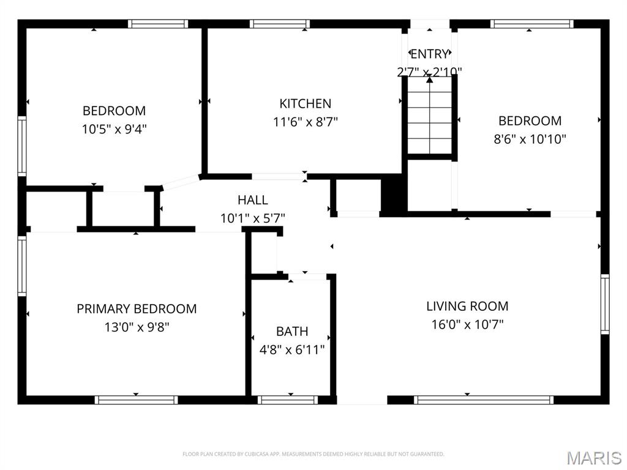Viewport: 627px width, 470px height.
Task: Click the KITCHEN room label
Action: point(305,103)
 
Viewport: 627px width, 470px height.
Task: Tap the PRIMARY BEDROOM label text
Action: point(137,308)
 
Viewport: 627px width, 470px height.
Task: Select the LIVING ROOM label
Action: point(467,306)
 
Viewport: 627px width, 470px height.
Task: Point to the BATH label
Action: point(292,331)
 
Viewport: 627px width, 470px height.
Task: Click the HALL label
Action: point(253,200)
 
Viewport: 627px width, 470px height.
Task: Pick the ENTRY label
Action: point(429,54)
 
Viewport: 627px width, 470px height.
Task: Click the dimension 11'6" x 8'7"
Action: point(306,122)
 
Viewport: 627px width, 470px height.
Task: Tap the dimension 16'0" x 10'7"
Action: point(467,324)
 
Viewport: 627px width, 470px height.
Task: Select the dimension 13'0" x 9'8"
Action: point(137,327)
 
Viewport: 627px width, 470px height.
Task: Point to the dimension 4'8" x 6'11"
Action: point(292,349)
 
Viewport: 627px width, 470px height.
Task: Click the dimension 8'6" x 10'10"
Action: point(530,139)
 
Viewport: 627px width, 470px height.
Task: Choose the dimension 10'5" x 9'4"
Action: point(115,129)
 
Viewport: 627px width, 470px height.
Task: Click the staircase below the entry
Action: point(430,115)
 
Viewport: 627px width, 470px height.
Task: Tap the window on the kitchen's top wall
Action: point(280,24)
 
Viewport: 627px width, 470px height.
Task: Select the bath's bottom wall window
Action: point(288,400)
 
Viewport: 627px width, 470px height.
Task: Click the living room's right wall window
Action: point(605,304)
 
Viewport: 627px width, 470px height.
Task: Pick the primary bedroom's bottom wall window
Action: point(137,400)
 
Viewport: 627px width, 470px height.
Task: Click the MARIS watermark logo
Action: point(594,458)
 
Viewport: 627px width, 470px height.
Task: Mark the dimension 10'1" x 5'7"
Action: point(253,218)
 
